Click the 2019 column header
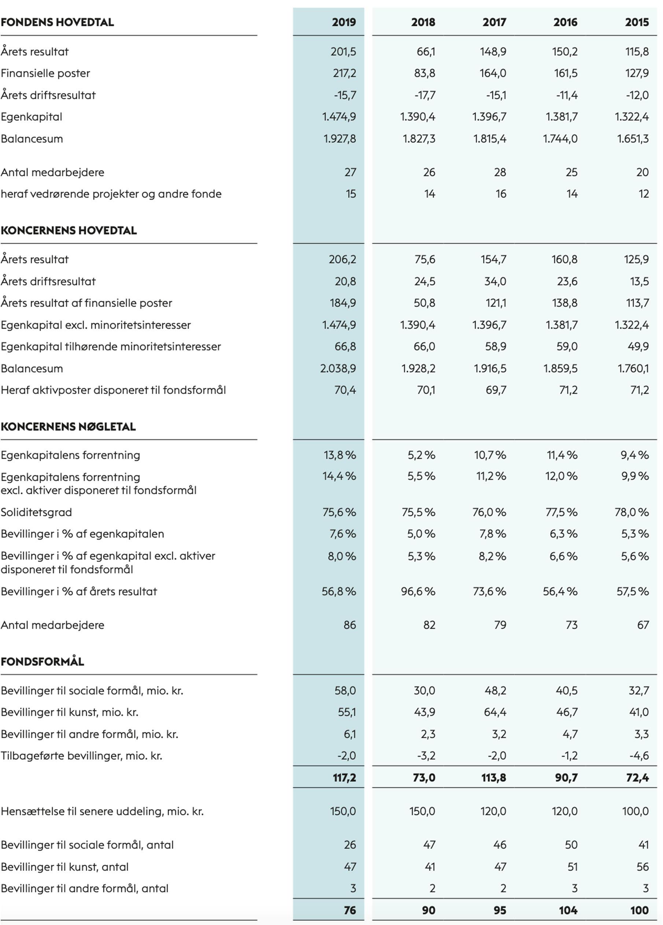click(343, 22)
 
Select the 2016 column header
click(565, 22)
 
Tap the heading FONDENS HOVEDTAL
click(57, 22)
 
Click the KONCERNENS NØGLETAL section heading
click(68, 427)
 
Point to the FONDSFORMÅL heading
click(43, 661)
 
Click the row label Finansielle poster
click(45, 73)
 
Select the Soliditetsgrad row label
click(36, 512)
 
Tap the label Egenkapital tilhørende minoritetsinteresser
click(111, 347)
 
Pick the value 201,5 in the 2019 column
click(343, 52)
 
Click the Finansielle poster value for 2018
click(424, 73)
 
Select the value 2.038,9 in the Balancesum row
click(338, 369)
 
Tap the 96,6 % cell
click(418, 591)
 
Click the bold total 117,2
click(344, 777)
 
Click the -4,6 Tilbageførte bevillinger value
click(638, 756)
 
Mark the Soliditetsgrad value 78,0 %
click(631, 512)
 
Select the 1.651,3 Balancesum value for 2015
click(633, 139)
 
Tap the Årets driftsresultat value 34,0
click(495, 281)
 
